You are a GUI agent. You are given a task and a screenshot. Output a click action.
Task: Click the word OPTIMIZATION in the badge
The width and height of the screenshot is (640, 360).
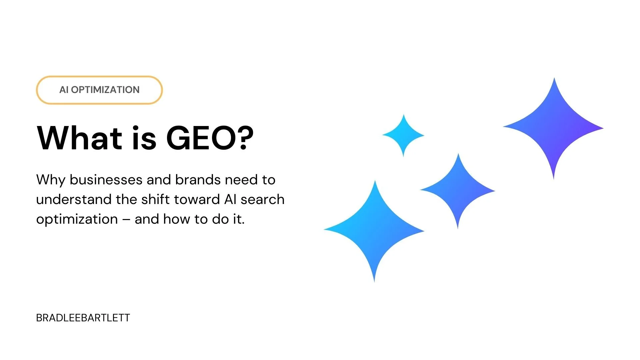[x=105, y=90]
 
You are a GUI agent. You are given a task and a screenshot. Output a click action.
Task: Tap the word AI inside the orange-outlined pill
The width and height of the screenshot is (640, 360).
[x=64, y=90]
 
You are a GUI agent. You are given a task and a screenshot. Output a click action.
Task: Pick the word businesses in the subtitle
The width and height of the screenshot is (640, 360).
[x=106, y=180]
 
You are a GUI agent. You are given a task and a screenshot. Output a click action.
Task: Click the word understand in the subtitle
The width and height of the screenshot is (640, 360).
[x=74, y=200]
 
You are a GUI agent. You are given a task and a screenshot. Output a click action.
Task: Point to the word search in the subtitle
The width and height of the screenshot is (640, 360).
[x=262, y=200]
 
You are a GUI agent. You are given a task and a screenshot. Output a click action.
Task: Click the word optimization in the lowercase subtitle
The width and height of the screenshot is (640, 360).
[x=77, y=220]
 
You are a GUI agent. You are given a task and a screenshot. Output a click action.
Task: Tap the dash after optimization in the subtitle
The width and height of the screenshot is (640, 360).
[x=126, y=220]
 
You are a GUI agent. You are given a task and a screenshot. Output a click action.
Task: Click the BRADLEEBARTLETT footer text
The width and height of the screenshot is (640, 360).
[x=83, y=318]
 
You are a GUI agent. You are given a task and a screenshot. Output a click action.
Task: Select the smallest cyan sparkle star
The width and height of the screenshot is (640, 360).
[x=403, y=135]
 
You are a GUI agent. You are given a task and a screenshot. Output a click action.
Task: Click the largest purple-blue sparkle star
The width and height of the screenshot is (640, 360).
[x=554, y=128]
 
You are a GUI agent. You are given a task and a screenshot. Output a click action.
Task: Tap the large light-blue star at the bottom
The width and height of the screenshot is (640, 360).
[x=374, y=231]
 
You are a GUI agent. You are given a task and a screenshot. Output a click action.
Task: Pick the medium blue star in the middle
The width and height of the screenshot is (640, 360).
[x=458, y=191]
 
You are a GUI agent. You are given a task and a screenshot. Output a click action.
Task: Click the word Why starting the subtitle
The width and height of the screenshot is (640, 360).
[x=51, y=180]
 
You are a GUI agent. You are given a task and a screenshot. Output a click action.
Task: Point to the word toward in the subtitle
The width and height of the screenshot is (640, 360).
[x=197, y=200]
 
